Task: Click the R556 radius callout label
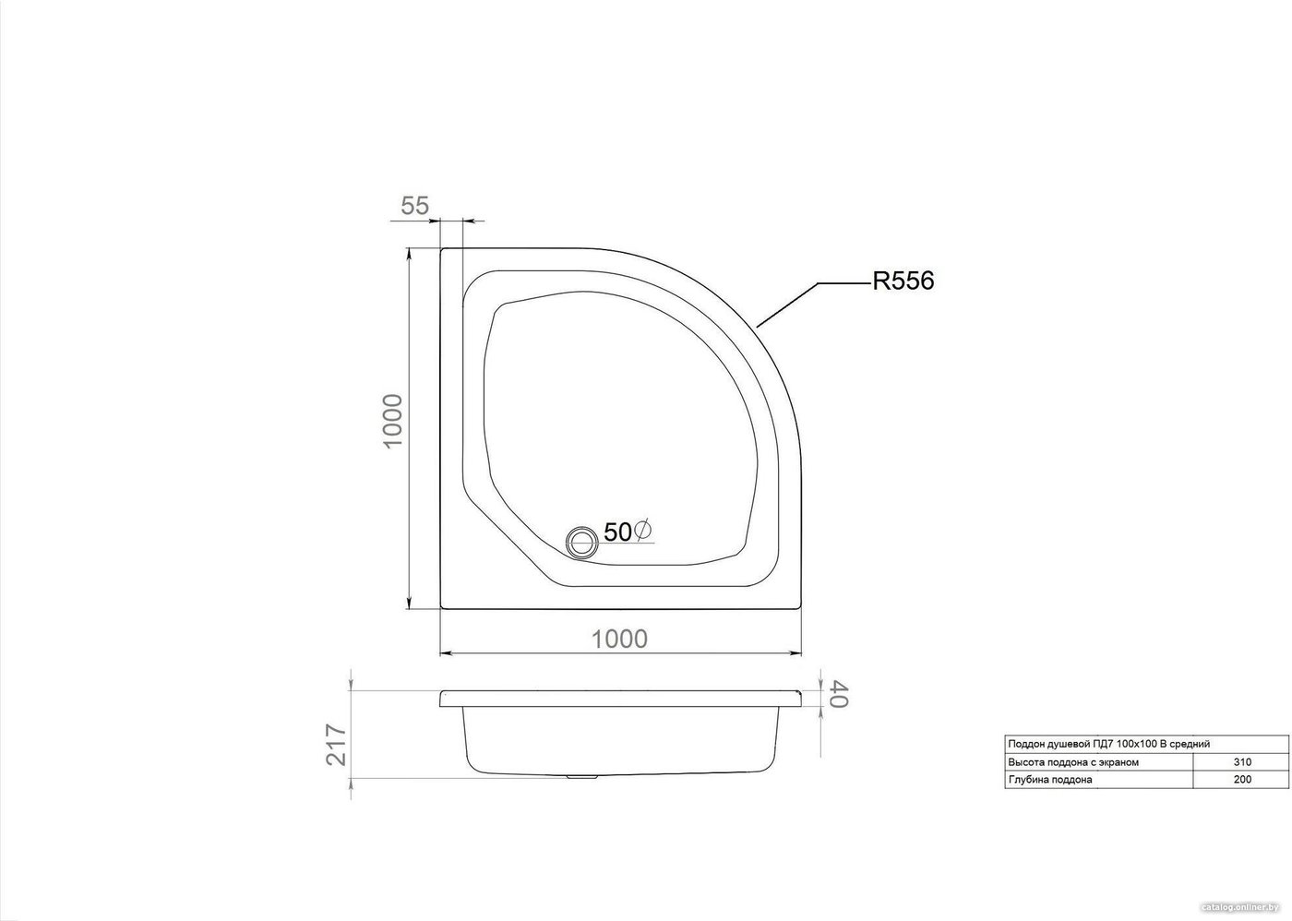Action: [x=903, y=281]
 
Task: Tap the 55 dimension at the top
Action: [x=414, y=205]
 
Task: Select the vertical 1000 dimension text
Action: [x=392, y=421]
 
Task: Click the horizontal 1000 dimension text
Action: [x=619, y=639]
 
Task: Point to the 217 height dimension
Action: [x=336, y=745]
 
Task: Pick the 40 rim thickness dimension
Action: [x=839, y=694]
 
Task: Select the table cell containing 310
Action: [x=1242, y=762]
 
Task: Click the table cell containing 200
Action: [x=1242, y=779]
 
